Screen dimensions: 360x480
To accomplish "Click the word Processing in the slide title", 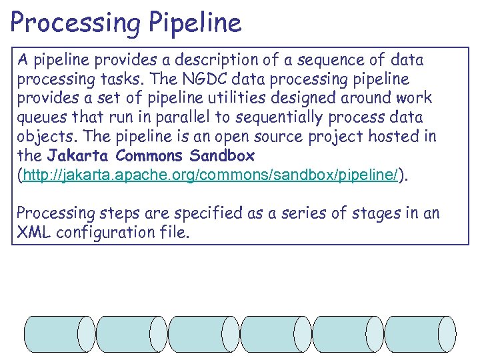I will (73, 23).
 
